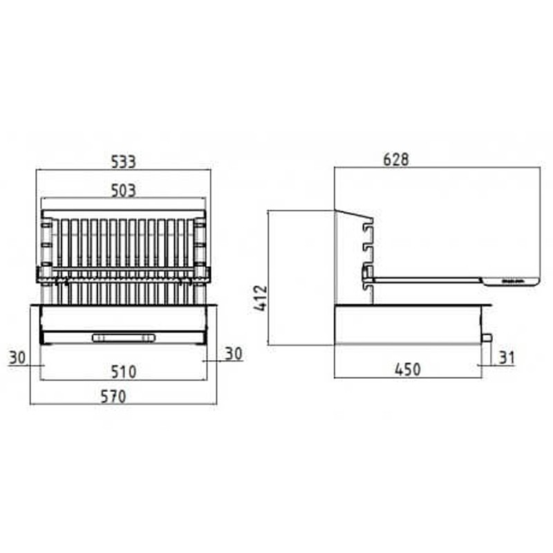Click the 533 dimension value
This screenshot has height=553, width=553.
pos(124,162)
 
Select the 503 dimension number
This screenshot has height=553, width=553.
pos(124,191)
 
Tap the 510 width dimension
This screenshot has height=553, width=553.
pos(124,372)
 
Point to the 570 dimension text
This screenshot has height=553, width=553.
pos(113,396)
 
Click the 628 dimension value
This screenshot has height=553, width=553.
pos(396,160)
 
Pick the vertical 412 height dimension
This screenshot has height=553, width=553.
pos(261,299)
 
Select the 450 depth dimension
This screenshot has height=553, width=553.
pos(408,370)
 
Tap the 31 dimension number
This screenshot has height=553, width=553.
pos(507,357)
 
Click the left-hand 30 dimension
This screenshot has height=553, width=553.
pos(17,357)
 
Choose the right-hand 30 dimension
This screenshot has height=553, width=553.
pos(234,354)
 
